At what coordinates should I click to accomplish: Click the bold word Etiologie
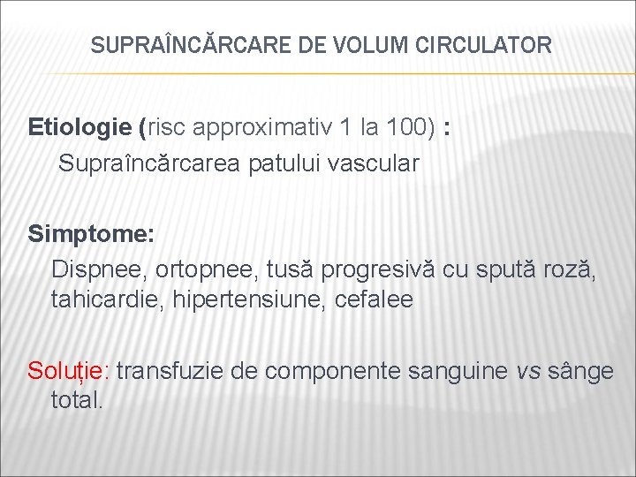(x=79, y=127)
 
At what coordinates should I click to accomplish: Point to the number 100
(x=411, y=127)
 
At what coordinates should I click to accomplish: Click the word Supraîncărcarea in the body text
(x=142, y=163)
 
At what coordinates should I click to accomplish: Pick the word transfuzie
(x=170, y=371)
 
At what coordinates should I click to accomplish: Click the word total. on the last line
(x=78, y=400)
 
